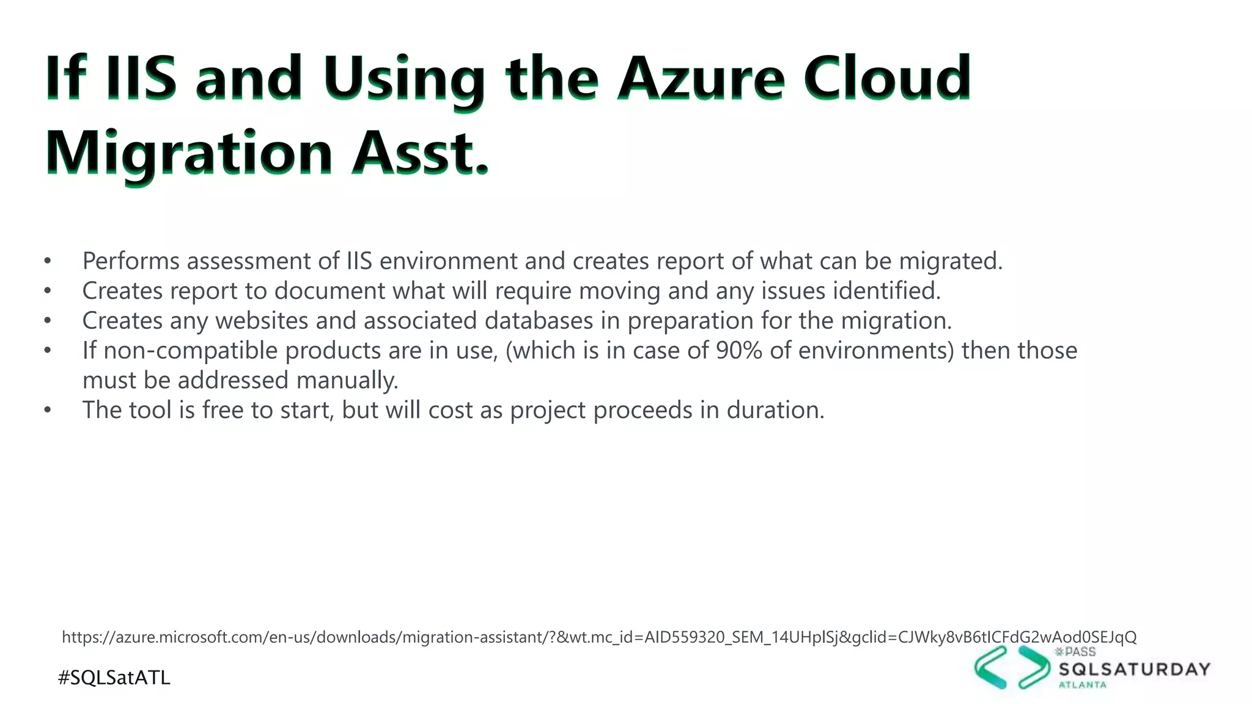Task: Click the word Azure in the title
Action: pyautogui.click(x=701, y=79)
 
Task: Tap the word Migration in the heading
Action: pyautogui.click(x=188, y=153)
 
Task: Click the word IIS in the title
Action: pyautogui.click(x=141, y=79)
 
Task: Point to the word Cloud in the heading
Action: pyautogui.click(x=886, y=79)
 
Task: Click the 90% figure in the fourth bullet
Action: pyautogui.click(x=738, y=351)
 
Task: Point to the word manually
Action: pyautogui.click(x=347, y=381)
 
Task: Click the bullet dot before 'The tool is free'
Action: pyautogui.click(x=48, y=411)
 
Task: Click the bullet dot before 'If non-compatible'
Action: pyautogui.click(x=48, y=351)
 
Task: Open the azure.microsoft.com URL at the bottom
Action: pyautogui.click(x=599, y=637)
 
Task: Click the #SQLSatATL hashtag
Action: pyautogui.click(x=114, y=678)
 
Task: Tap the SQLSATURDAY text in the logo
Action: pyautogui.click(x=1134, y=670)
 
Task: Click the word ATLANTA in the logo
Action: pyautogui.click(x=1082, y=685)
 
